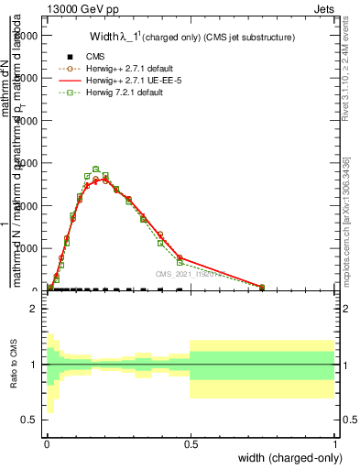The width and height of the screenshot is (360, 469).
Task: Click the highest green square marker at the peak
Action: (x=95, y=169)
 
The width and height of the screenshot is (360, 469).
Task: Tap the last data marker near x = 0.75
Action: (x=262, y=288)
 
